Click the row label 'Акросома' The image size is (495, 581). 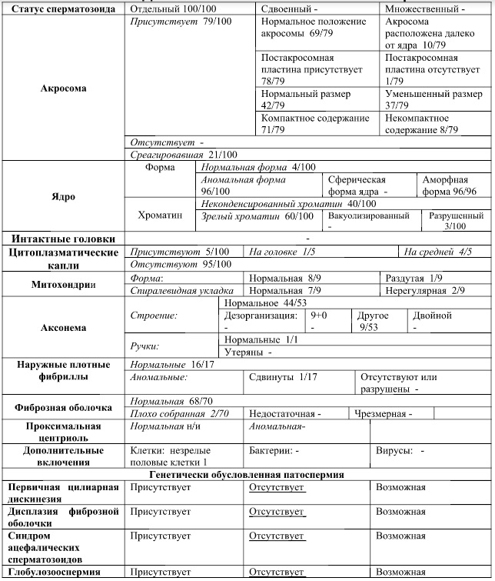click(x=63, y=88)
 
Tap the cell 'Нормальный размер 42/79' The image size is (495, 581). click(x=305, y=99)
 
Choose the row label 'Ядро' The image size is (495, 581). click(x=63, y=196)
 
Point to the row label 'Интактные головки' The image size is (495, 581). click(x=63, y=239)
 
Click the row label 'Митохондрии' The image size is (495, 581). click(x=63, y=283)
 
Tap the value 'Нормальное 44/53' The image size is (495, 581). click(x=261, y=303)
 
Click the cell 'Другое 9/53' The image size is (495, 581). click(x=374, y=321)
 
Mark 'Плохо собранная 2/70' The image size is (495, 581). click(x=180, y=413)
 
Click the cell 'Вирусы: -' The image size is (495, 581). click(x=400, y=449)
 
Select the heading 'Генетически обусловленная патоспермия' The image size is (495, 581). click(x=247, y=475)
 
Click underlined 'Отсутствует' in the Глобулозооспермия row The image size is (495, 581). click(x=277, y=572)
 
